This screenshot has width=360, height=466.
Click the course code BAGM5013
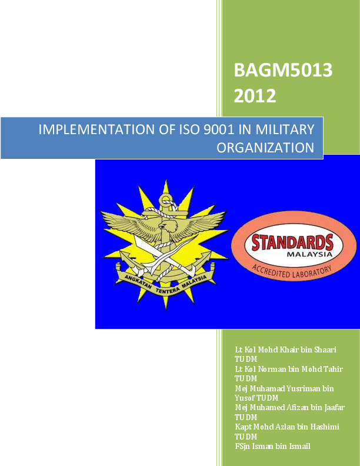(283, 71)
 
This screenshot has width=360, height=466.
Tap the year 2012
(255, 95)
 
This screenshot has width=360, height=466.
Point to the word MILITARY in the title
(284, 129)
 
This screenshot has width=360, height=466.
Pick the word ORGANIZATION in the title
(266, 147)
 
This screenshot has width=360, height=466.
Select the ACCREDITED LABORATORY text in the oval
(292, 271)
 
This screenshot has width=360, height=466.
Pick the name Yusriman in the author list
(300, 388)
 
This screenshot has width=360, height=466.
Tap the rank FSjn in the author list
(242, 446)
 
